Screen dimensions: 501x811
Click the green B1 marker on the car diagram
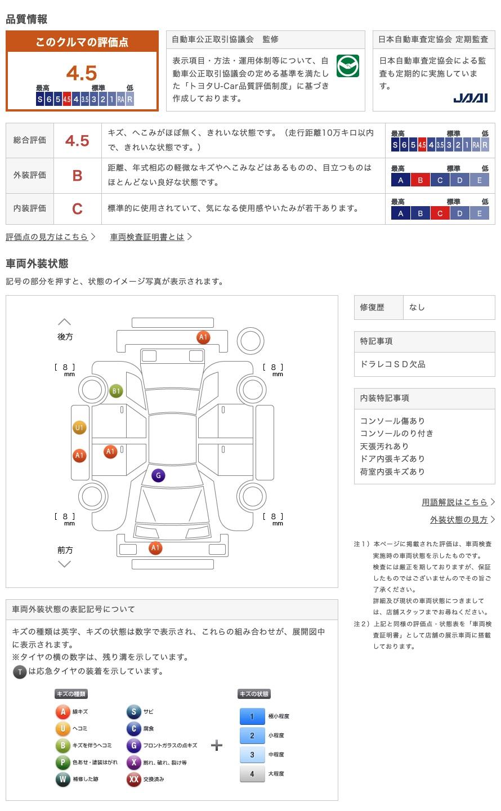coord(116,391)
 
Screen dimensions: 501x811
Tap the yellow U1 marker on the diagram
coord(79,427)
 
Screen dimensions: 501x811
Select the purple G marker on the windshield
coord(158,475)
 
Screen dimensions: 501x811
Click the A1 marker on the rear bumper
coord(203,337)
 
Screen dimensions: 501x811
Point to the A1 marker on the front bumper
coord(155,548)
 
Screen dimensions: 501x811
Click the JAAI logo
coord(471,98)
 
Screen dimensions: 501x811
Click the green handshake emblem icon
coord(347,66)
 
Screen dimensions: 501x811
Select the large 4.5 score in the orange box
coord(82,73)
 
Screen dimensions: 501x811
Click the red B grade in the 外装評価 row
coord(77,176)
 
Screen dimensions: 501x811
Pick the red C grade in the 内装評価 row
coord(77,209)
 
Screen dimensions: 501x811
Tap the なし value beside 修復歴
coord(417,308)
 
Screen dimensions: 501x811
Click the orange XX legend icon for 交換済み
coord(133,779)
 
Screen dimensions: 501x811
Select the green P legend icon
coord(62,762)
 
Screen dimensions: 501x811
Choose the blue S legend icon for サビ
coord(133,711)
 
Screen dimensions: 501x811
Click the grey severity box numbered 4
coord(252,774)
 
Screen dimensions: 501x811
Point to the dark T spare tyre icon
coord(20,672)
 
